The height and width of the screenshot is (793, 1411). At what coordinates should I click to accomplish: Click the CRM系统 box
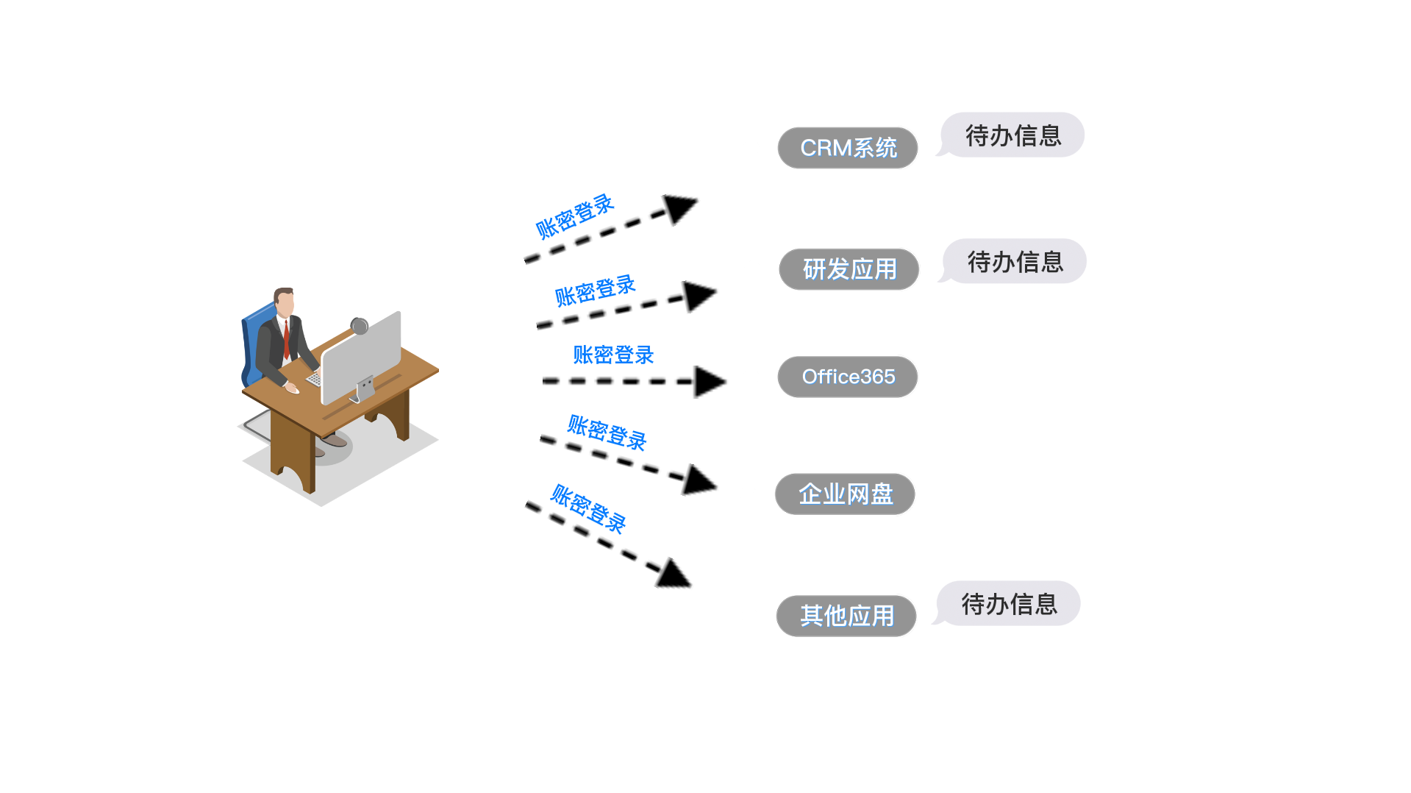click(848, 148)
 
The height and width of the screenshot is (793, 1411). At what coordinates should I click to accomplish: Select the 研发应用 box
click(849, 269)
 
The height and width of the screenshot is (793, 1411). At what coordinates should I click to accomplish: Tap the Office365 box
click(848, 377)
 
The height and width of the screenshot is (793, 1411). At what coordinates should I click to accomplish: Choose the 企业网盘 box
click(845, 494)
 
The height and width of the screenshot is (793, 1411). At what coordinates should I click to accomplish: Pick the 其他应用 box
click(846, 616)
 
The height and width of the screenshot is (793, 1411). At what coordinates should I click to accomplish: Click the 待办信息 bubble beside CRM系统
click(1012, 135)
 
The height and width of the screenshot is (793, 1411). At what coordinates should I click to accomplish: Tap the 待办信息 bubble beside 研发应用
click(1015, 262)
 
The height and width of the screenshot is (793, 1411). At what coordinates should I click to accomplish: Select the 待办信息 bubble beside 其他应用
click(1009, 604)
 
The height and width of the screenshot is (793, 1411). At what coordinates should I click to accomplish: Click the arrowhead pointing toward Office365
click(708, 382)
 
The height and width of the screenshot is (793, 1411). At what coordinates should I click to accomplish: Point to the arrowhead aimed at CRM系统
click(679, 208)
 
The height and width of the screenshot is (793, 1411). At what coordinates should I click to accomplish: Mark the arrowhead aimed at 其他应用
click(672, 574)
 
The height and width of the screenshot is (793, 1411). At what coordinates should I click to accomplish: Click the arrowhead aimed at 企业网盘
click(698, 480)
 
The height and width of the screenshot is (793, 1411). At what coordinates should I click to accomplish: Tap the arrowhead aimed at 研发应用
click(698, 296)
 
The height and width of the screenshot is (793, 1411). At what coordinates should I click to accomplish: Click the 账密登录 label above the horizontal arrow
click(613, 355)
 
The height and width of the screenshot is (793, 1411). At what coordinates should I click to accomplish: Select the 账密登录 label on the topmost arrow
click(574, 216)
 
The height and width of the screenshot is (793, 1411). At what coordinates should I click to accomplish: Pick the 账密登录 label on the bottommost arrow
click(588, 508)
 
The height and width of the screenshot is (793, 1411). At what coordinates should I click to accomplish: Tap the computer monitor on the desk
click(361, 355)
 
